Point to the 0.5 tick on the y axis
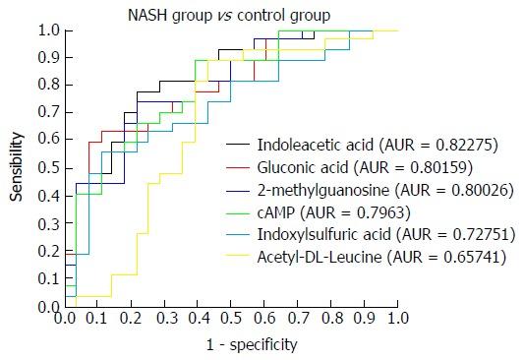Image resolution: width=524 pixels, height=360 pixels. click(49, 168)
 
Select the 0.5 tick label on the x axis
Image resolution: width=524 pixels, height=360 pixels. click(231, 319)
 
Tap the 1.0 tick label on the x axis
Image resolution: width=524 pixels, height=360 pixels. click(397, 319)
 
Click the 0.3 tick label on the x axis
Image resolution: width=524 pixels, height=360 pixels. click(164, 319)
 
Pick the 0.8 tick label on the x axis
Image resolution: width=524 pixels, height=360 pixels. click(330, 319)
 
